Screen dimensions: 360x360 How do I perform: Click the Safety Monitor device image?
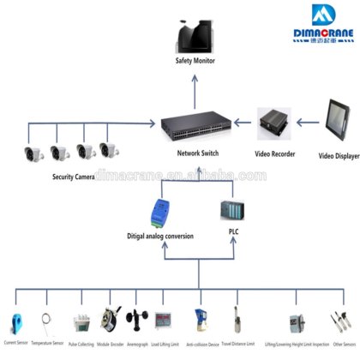[195, 36]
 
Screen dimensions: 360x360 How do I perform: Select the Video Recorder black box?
[275, 128]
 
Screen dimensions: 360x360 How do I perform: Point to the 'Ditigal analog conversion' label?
[161, 236]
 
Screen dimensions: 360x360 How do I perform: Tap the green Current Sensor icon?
[16, 320]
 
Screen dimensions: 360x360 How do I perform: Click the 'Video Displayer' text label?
[337, 157]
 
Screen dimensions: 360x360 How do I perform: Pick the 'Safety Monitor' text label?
[195, 61]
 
